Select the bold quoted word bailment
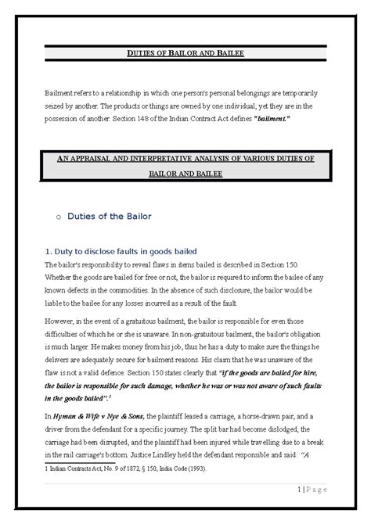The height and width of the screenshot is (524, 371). [x=266, y=117]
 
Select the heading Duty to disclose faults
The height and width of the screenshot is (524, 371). [x=126, y=251]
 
